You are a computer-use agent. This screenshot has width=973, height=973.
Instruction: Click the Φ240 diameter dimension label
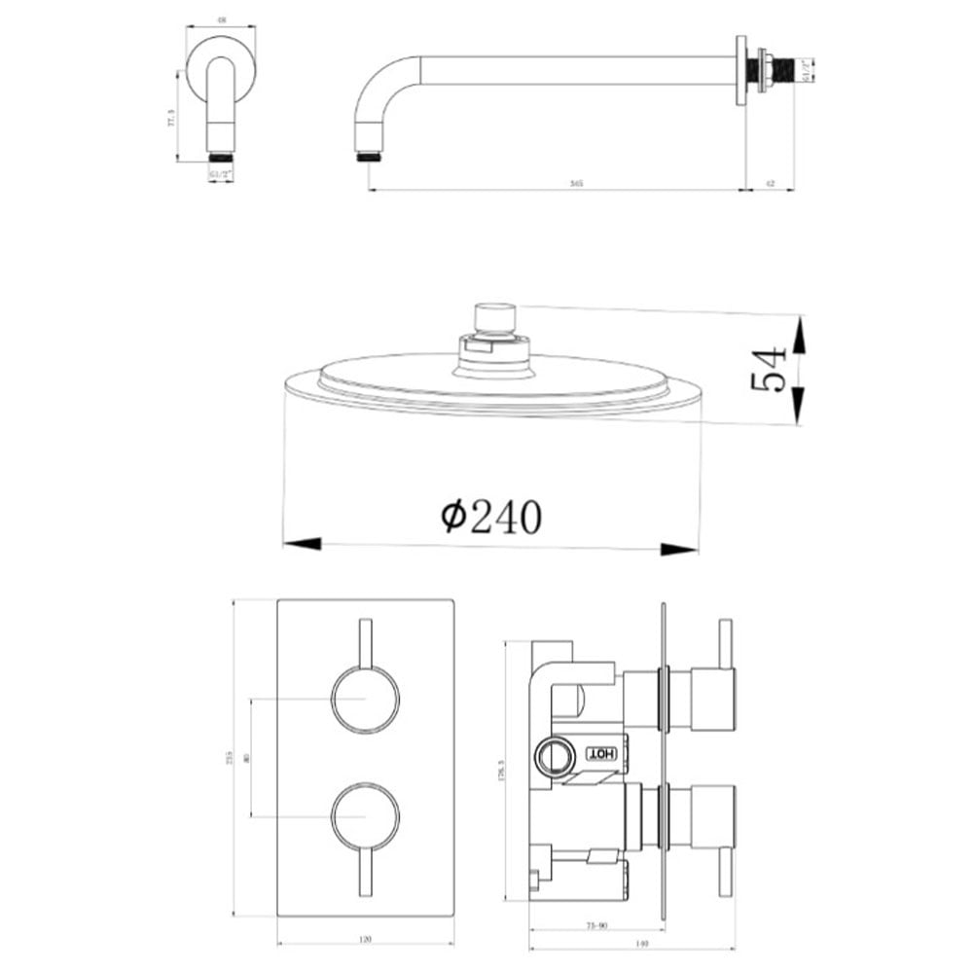pos(491,516)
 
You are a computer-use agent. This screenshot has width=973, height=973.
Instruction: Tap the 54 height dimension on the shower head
pos(769,369)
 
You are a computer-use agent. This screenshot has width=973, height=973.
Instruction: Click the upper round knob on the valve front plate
pos(365,700)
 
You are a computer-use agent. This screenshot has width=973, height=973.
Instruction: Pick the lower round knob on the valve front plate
pos(365,814)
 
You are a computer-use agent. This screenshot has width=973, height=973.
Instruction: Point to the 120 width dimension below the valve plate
pos(366,940)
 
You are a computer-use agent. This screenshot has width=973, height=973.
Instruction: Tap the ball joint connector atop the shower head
pos(493,319)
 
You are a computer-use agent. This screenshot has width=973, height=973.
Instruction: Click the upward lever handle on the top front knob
pos(366,642)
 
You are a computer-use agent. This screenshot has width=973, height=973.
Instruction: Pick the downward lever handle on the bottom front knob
pos(366,871)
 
